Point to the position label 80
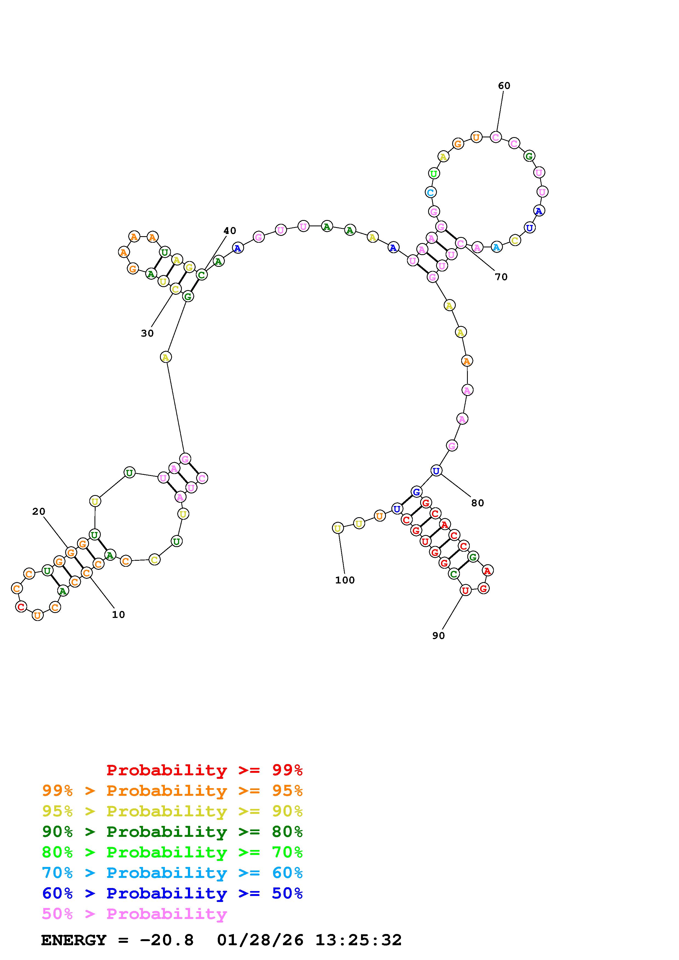(x=477, y=503)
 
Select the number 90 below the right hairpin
(x=439, y=635)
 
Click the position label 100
(x=345, y=580)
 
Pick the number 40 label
(x=230, y=231)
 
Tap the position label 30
(x=147, y=333)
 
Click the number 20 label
(x=39, y=511)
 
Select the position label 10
(x=118, y=615)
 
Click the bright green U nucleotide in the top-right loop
(x=434, y=173)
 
